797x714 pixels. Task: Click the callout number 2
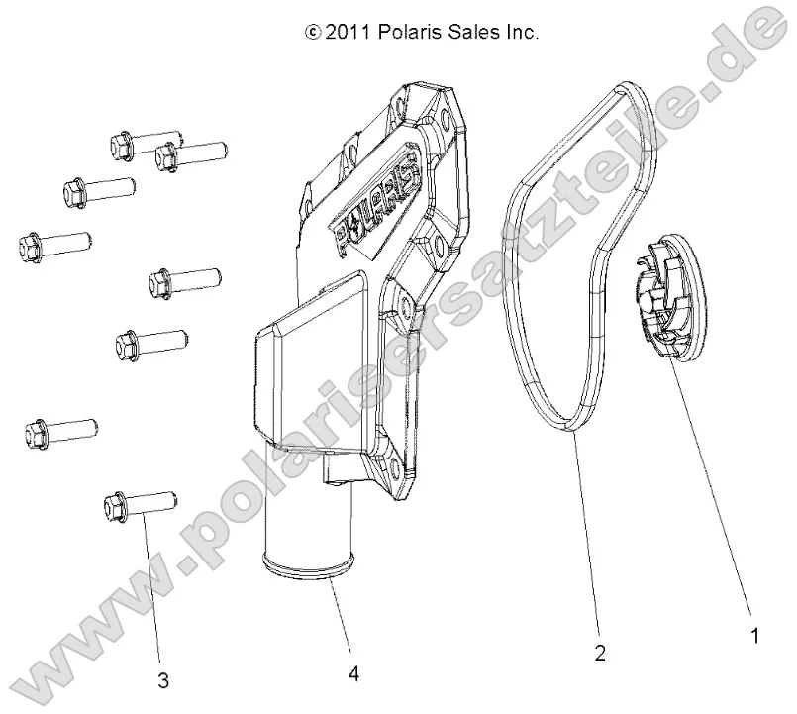[600, 653]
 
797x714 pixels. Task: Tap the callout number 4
[353, 674]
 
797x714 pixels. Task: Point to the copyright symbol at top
[314, 33]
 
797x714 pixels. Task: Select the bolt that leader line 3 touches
[139, 505]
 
